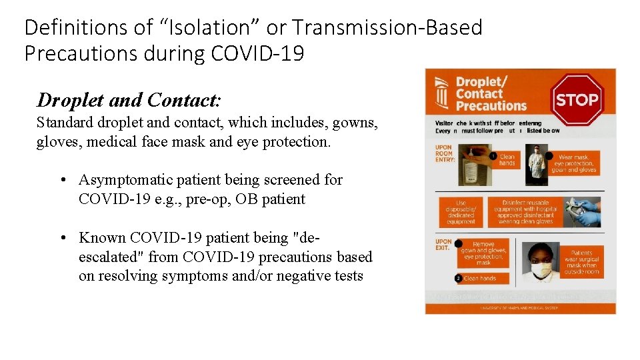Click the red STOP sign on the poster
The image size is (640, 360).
[x=577, y=100]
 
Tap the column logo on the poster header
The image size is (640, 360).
[x=441, y=93]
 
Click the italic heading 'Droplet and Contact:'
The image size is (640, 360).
[x=129, y=100]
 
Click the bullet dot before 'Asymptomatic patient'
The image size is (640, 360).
[x=61, y=180]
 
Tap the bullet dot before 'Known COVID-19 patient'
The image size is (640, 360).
[x=61, y=238]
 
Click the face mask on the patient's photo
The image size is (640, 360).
[x=542, y=270]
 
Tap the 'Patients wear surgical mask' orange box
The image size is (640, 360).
[x=582, y=262]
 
